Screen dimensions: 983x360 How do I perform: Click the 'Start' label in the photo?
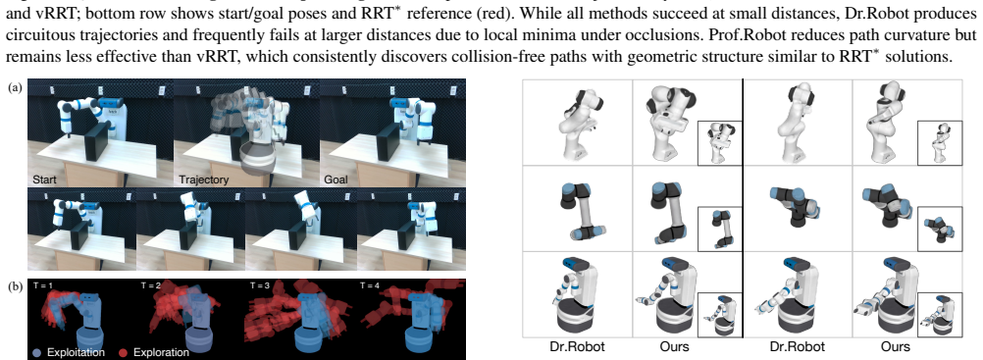click(44, 180)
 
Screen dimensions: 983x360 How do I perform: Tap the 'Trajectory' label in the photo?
click(203, 180)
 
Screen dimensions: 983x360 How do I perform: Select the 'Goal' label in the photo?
click(336, 180)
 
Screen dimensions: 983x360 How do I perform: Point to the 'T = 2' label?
click(153, 286)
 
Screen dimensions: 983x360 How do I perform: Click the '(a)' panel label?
click(15, 88)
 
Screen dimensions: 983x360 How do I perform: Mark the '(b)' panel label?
click(15, 287)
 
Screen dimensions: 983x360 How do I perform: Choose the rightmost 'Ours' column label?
click(896, 346)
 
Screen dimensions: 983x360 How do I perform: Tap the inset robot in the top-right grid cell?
click(940, 142)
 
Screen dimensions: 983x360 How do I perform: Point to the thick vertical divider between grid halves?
click(743, 209)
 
